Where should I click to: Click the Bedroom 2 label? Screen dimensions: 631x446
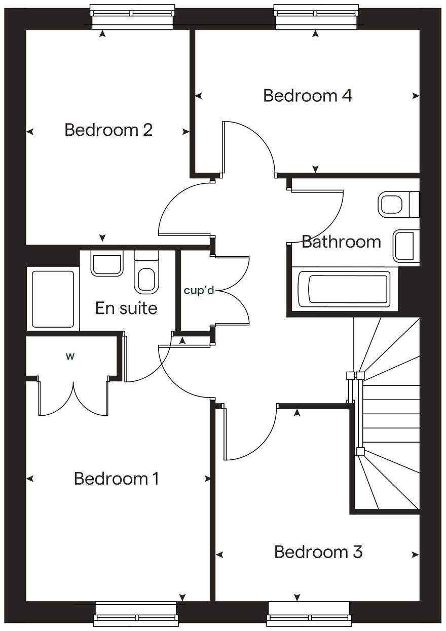(108, 130)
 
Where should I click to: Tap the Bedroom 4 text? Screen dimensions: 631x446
(308, 96)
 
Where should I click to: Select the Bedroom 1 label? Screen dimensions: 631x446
(117, 479)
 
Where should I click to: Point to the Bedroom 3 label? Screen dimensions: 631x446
(318, 552)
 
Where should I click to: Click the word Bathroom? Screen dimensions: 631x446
(341, 242)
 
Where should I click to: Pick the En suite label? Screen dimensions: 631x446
(126, 308)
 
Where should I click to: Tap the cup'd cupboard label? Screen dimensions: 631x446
(199, 291)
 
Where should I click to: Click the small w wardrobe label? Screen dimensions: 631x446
(70, 356)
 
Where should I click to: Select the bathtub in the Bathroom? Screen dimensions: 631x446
(344, 290)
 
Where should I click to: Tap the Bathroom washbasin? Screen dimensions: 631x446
(405, 246)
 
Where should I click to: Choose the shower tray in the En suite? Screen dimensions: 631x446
(53, 299)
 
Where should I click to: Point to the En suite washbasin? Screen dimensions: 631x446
(107, 263)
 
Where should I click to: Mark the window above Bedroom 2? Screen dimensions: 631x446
(132, 17)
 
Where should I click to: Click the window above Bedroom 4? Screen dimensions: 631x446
(316, 17)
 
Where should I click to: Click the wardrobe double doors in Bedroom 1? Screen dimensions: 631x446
(74, 398)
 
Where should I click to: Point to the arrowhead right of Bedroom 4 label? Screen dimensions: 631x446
(416, 96)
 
